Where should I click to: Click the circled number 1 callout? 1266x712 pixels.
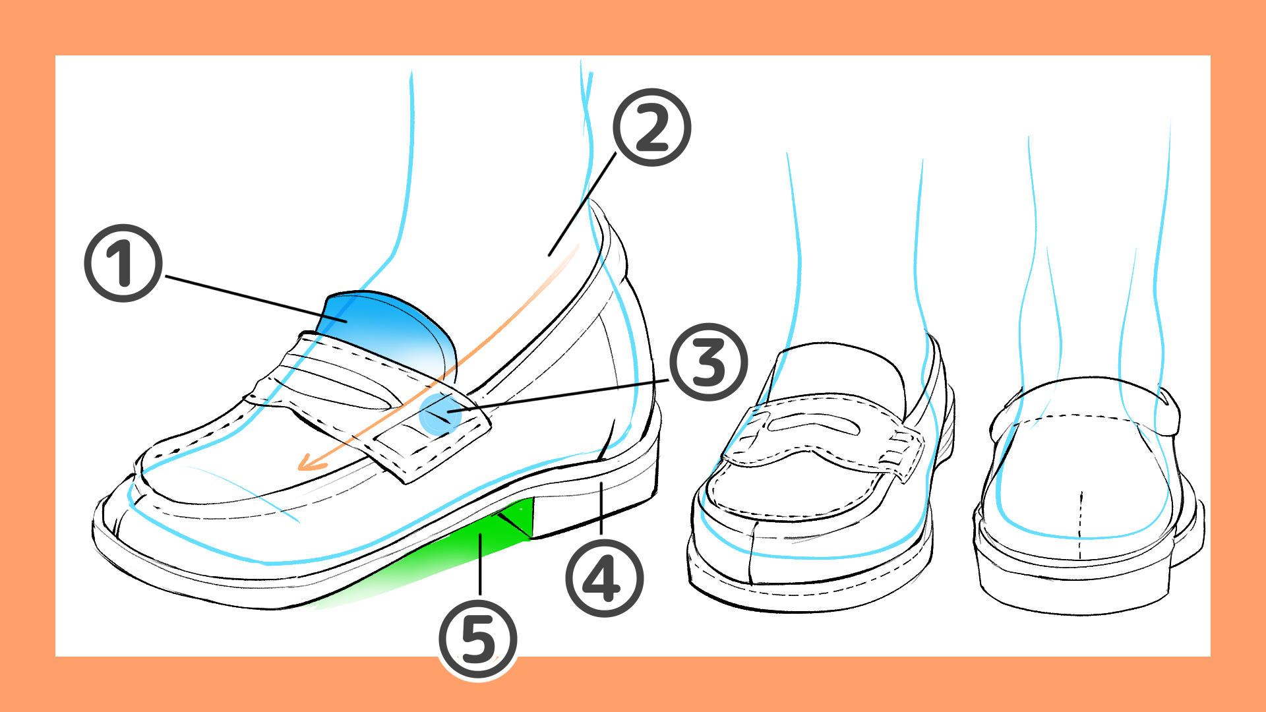[x=123, y=263]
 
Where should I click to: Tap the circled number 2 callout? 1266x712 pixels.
[x=651, y=127]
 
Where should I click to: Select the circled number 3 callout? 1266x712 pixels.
[x=709, y=362]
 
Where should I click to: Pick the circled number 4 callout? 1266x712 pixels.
[x=604, y=578]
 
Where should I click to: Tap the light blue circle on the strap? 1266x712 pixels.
[x=440, y=413]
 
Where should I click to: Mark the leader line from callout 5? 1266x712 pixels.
[x=480, y=566]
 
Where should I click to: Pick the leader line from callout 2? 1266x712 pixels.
[x=582, y=204]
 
